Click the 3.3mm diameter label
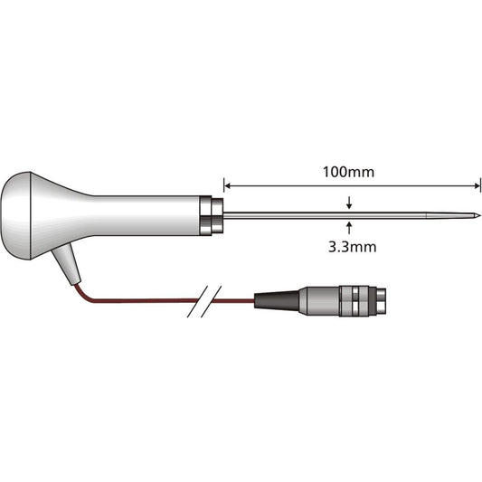click(x=349, y=244)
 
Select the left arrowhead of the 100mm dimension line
click(x=229, y=186)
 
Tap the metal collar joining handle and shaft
click(x=212, y=215)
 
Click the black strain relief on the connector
click(x=276, y=299)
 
